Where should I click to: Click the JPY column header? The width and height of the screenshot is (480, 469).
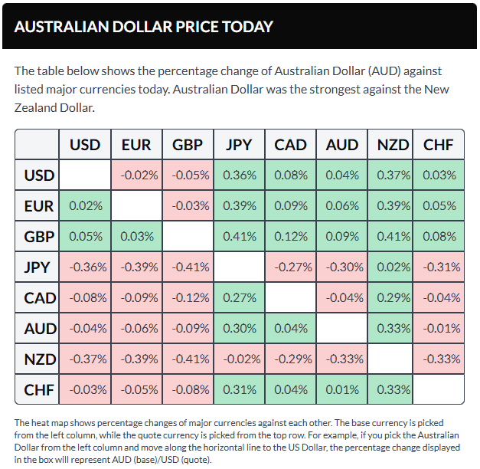pyautogui.click(x=239, y=144)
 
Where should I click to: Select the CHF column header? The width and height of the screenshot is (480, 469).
pyautogui.click(x=438, y=144)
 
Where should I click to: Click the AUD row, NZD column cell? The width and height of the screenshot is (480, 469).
pyautogui.click(x=392, y=328)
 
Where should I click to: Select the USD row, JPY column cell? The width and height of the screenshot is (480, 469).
pyautogui.click(x=239, y=175)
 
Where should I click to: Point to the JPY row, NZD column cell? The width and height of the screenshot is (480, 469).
pyautogui.click(x=392, y=267)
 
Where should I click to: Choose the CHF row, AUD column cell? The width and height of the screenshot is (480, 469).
pyautogui.click(x=341, y=389)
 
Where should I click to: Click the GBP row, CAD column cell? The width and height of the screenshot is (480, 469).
pyautogui.click(x=290, y=236)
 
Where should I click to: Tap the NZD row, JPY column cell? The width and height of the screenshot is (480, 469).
pyautogui.click(x=239, y=359)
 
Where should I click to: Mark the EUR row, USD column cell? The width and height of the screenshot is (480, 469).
pyautogui.click(x=85, y=205)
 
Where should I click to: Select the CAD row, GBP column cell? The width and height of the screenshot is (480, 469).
pyautogui.click(x=188, y=297)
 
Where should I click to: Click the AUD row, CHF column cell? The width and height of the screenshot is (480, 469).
pyautogui.click(x=438, y=328)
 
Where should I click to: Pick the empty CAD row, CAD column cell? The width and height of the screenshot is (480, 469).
pyautogui.click(x=290, y=297)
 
